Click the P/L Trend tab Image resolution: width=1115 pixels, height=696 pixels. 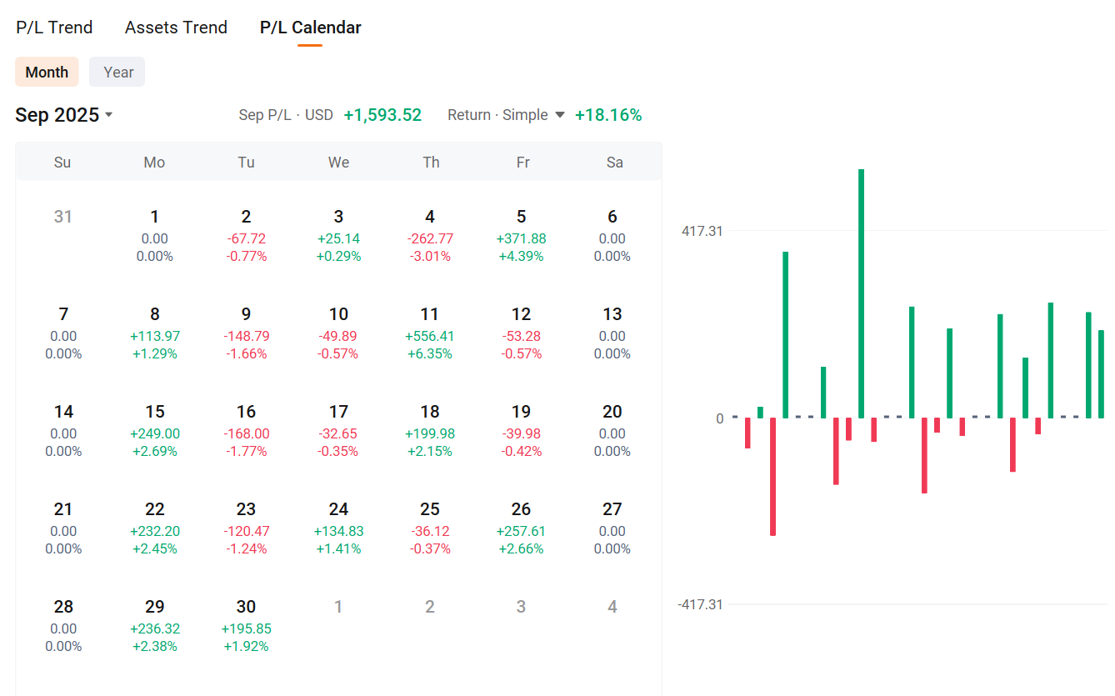(x=54, y=28)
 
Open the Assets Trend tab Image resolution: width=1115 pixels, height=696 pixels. (x=176, y=28)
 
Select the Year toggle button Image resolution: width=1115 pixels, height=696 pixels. (x=117, y=72)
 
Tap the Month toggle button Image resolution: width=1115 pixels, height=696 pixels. (x=47, y=72)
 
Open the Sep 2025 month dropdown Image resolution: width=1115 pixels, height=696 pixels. (x=64, y=115)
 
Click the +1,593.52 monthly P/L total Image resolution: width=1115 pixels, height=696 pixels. (x=382, y=115)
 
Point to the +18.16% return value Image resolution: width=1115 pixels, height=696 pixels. (x=608, y=115)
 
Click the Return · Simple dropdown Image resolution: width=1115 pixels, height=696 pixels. (x=506, y=115)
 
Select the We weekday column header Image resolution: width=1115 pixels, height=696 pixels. (x=338, y=162)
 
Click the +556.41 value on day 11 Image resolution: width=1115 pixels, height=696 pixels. (x=430, y=336)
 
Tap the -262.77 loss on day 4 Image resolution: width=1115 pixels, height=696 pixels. (x=430, y=238)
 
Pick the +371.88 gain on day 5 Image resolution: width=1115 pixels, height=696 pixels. (x=522, y=238)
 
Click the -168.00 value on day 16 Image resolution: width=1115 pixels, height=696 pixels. (x=246, y=433)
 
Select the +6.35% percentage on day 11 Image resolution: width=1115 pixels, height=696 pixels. (x=430, y=353)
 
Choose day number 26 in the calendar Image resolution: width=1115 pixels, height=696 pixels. (x=522, y=509)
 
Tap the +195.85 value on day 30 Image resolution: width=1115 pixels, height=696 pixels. (x=246, y=628)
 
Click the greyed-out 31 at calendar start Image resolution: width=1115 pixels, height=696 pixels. (x=62, y=217)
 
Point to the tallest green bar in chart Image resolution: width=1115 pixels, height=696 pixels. (x=861, y=292)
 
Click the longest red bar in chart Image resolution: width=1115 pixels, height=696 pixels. (x=772, y=475)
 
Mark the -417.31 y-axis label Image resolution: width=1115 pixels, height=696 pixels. (x=700, y=604)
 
